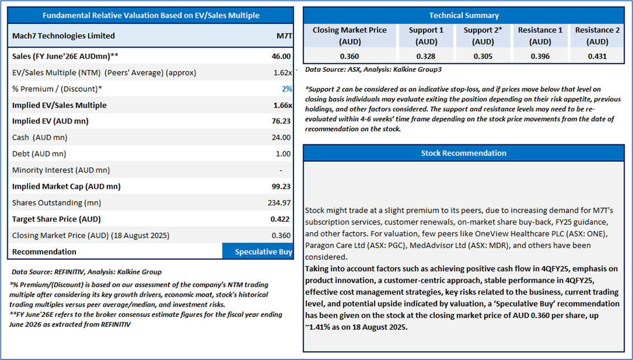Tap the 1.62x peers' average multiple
281,72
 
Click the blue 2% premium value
286,88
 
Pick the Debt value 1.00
283,153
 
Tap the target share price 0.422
281,219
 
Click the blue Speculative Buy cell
258,251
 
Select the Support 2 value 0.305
482,56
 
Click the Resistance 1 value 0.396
540,56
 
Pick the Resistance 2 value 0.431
597,56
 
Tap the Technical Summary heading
463,16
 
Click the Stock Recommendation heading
463,153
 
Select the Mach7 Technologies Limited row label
63,36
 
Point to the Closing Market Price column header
349,35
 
